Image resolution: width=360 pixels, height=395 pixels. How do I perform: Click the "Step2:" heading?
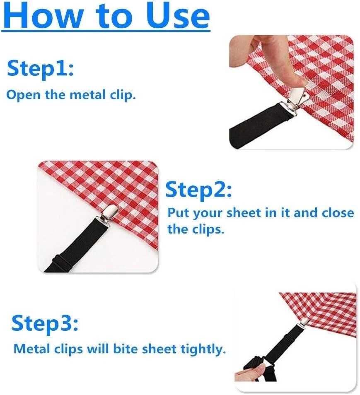(x=198, y=190)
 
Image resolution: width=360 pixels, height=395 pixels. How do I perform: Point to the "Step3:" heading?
(x=45, y=323)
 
